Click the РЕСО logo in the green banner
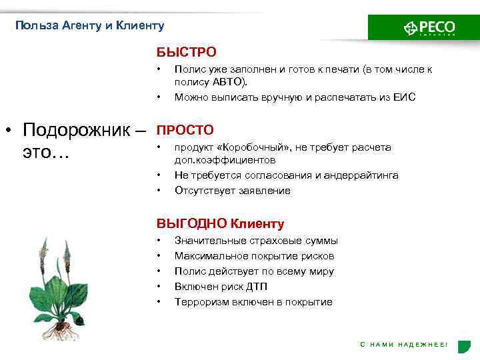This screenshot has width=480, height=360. (x=429, y=28)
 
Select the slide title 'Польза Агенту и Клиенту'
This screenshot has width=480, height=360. (x=89, y=26)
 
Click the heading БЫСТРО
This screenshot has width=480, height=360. (x=187, y=52)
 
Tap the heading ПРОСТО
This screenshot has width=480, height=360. (x=185, y=130)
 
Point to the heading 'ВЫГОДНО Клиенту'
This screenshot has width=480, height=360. (x=220, y=224)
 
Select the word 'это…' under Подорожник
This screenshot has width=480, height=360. (x=45, y=153)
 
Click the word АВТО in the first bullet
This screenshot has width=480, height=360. (x=229, y=81)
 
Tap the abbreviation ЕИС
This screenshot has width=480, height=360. (x=403, y=97)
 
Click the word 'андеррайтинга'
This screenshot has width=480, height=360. (x=362, y=175)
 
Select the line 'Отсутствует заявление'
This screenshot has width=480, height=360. (x=232, y=191)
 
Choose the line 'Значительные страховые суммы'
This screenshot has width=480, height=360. (x=256, y=241)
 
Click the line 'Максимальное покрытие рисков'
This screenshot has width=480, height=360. (x=254, y=256)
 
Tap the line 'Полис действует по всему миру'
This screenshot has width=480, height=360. (x=254, y=271)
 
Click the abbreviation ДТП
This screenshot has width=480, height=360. (x=257, y=287)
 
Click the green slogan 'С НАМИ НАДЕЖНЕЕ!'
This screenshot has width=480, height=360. (x=404, y=344)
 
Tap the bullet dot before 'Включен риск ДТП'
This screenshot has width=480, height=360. (x=159, y=287)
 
